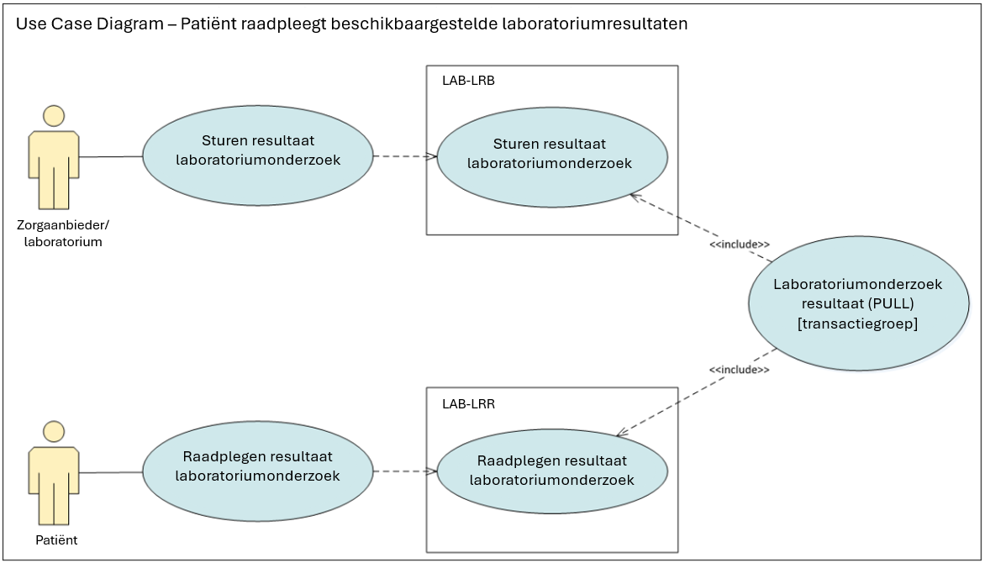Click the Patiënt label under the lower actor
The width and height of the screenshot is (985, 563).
pos(56,540)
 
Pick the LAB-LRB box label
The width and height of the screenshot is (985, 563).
pos(468,81)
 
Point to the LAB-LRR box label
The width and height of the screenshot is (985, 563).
pos(468,403)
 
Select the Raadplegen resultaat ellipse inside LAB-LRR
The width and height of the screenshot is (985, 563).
pos(551,471)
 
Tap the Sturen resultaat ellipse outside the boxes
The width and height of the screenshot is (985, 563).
pos(257,155)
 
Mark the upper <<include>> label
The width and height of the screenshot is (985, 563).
pos(740,245)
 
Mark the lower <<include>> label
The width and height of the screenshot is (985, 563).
pos(740,370)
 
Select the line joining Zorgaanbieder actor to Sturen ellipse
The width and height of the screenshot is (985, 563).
pos(111,157)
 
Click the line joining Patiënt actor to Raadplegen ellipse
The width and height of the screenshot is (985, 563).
pos(111,472)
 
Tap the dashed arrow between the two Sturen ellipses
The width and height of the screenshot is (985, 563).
pos(403,156)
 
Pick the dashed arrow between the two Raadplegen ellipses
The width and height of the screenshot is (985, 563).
pos(403,471)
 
